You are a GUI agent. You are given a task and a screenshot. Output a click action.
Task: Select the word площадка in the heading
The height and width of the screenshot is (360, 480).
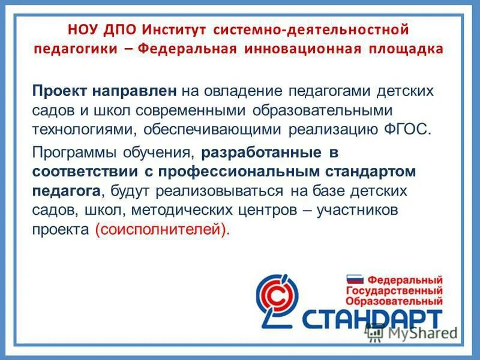[x=404, y=49]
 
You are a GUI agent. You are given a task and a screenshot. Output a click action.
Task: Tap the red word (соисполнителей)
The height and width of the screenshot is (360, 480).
[x=162, y=230]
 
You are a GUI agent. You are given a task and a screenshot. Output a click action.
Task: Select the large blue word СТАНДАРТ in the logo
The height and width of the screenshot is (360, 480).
[x=373, y=319]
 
